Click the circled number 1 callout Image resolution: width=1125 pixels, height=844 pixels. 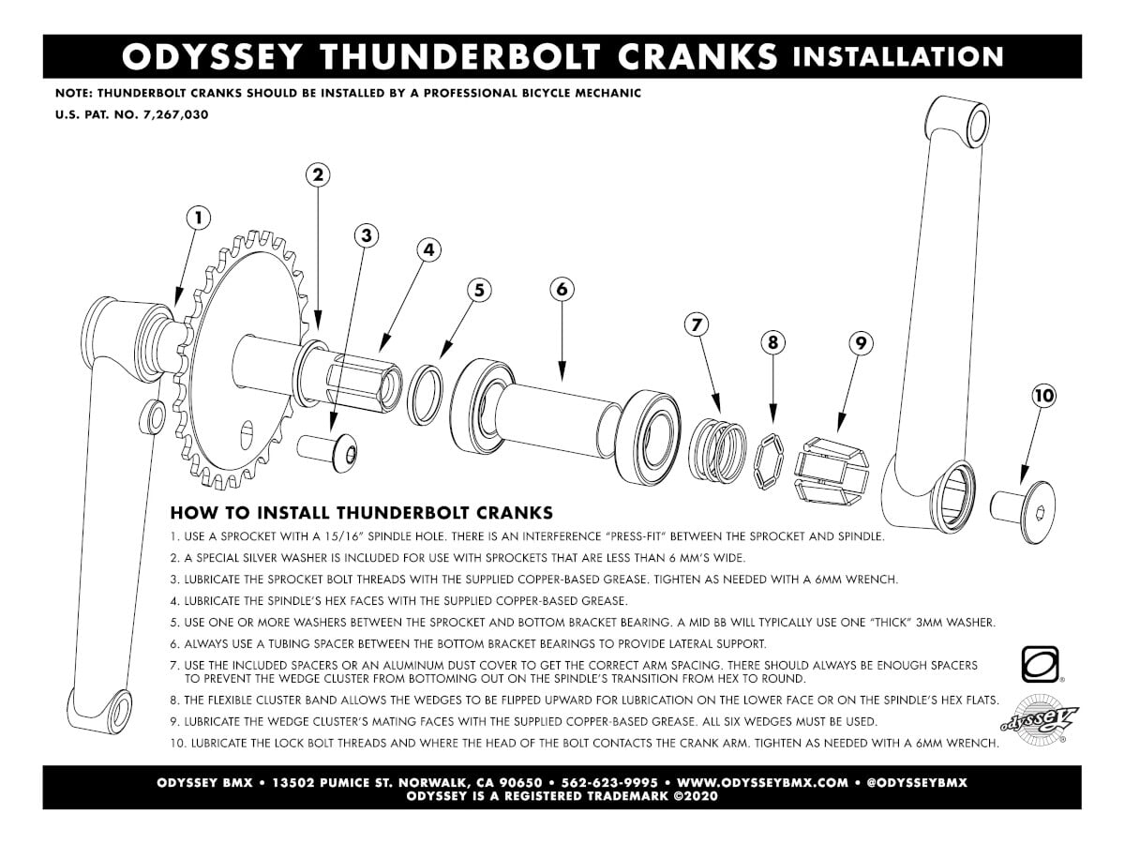199,219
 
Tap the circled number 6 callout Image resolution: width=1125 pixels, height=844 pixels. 562,290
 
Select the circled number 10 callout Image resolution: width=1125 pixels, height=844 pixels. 1044,396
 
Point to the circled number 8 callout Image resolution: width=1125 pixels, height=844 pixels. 772,342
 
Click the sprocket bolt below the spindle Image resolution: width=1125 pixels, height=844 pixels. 327,451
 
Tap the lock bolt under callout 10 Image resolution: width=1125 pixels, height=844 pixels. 1023,511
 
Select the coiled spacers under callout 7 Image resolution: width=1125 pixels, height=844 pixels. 716,451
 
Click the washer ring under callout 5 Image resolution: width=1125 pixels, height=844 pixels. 426,395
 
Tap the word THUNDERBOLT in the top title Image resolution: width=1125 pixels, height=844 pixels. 461,57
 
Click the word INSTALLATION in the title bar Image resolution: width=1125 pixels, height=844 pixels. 897,57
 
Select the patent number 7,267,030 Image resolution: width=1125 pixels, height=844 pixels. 176,114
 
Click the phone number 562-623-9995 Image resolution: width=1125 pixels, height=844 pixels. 609,782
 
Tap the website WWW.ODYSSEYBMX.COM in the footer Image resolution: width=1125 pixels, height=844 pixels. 762,782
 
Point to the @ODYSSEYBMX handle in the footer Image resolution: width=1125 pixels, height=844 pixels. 916,782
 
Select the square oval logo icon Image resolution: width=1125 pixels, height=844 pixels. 1040,664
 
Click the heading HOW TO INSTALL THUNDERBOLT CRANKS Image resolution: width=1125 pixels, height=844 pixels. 361,512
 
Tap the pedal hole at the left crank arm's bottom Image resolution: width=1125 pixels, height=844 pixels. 120,713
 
